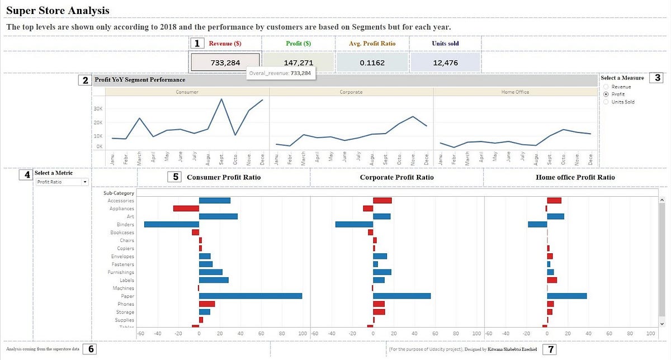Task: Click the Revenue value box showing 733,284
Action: (225, 63)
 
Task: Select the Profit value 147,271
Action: (298, 63)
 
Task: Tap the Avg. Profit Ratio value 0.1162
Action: (372, 63)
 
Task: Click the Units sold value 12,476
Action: (445, 63)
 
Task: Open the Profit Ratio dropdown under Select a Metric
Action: (62, 182)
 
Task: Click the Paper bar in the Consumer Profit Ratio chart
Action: (250, 296)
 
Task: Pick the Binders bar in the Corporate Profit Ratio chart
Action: (354, 224)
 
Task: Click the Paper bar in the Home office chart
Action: (566, 296)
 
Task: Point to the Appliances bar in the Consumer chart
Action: (186, 209)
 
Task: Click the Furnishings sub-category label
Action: (121, 272)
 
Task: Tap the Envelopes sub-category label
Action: (122, 257)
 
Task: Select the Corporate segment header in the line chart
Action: (351, 92)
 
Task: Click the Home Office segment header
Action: (515, 92)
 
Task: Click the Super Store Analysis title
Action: (58, 11)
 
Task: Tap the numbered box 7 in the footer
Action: (551, 349)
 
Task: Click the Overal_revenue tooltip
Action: (281, 73)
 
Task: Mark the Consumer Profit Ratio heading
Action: (224, 177)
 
